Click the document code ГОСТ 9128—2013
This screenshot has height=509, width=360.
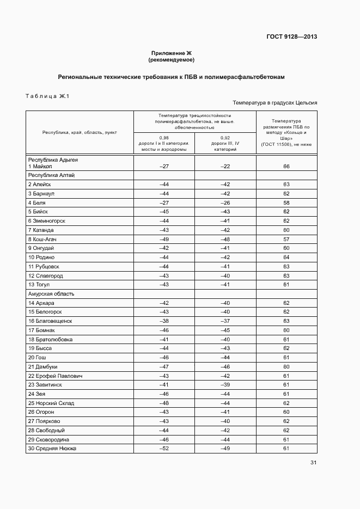click(291, 37)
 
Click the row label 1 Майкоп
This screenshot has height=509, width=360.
click(44, 166)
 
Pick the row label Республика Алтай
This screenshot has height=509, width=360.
click(51, 175)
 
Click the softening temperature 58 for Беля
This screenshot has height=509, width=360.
click(286, 203)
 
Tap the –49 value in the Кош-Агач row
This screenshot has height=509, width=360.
click(164, 239)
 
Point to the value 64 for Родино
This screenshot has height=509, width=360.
click(286, 257)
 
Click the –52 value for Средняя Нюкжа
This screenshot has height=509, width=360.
click(164, 449)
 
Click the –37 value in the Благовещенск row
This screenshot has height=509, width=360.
click(225, 321)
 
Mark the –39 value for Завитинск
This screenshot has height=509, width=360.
click(225, 385)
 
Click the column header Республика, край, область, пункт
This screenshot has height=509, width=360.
click(80, 132)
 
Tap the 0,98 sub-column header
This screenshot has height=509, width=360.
click(164, 144)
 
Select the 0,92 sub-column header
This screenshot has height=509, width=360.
click(225, 144)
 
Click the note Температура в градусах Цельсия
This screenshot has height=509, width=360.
click(274, 102)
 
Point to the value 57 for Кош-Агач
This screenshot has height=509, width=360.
click(286, 239)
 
